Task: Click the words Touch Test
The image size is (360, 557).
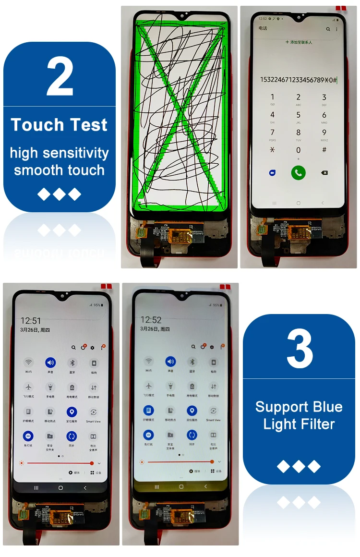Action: [x=59, y=125]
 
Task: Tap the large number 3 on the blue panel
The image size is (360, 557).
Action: [x=299, y=349]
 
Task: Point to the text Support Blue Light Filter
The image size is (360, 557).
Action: [x=299, y=415]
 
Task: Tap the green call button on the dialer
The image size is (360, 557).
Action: [x=298, y=173]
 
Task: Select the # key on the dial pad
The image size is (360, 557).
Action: [x=324, y=150]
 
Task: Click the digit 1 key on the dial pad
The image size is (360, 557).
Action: [x=273, y=97]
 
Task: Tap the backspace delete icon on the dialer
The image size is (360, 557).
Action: [x=324, y=173]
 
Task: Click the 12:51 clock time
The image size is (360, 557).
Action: [x=31, y=321]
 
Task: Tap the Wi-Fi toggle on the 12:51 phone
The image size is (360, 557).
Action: [x=29, y=362]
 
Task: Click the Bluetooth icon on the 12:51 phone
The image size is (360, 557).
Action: [x=72, y=362]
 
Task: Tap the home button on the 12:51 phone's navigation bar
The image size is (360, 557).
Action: [x=60, y=487]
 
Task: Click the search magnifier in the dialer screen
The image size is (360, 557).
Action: [x=328, y=29]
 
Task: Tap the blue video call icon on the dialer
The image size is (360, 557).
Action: [x=273, y=173]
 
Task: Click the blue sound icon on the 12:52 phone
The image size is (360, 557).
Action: [x=170, y=362]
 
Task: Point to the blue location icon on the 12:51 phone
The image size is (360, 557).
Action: [x=72, y=412]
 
